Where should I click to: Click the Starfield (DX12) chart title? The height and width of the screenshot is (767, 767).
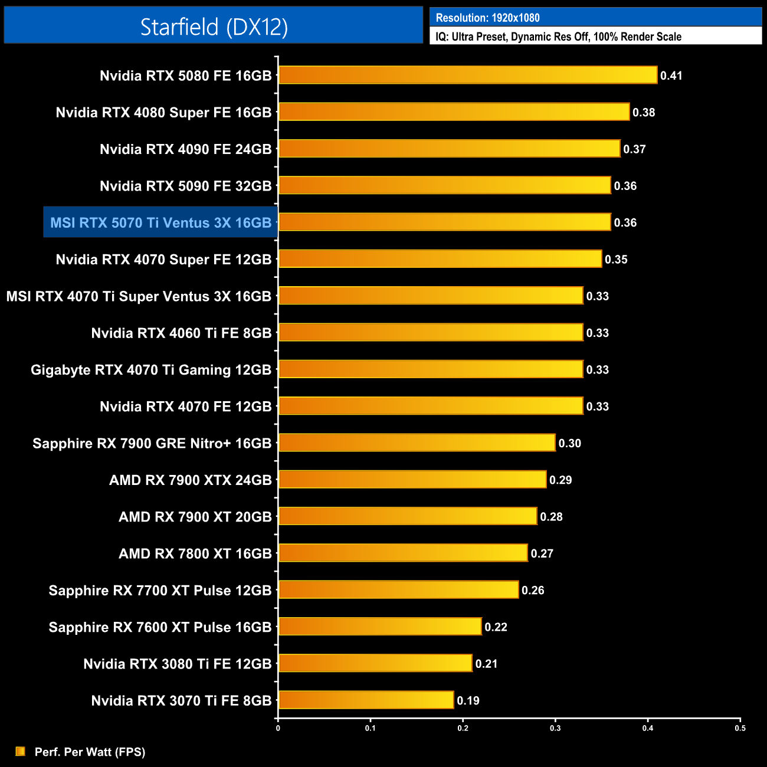click(x=214, y=27)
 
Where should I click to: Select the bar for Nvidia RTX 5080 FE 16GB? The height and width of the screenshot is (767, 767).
click(x=467, y=75)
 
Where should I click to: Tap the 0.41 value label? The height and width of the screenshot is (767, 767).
click(x=671, y=76)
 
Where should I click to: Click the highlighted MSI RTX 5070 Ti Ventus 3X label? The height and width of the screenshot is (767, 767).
click(x=160, y=222)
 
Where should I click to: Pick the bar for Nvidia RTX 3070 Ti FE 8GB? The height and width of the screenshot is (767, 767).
click(x=366, y=700)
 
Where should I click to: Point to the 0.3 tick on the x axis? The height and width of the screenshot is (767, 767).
click(x=555, y=728)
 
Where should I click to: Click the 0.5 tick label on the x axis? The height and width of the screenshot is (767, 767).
click(x=740, y=728)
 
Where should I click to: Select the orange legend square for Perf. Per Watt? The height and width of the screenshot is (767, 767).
click(x=21, y=751)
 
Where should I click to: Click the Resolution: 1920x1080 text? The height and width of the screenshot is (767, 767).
click(x=487, y=18)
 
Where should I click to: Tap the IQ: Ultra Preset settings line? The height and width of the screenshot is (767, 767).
click(x=558, y=37)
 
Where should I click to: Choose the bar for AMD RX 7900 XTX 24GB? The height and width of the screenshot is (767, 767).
click(x=412, y=480)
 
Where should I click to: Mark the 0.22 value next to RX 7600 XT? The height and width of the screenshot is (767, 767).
click(x=496, y=627)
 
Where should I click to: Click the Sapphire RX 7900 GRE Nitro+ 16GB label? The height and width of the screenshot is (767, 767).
click(x=152, y=443)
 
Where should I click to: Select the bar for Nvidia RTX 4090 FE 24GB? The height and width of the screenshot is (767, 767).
click(x=449, y=149)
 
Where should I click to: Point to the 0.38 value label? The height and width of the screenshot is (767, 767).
click(x=644, y=112)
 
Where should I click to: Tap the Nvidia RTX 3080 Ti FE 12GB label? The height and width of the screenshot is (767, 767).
click(x=178, y=664)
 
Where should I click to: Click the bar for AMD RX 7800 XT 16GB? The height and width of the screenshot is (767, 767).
click(x=403, y=553)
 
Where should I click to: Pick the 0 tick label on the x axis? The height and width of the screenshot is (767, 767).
click(x=278, y=728)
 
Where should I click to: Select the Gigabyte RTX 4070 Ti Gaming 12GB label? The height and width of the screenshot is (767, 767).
click(x=151, y=370)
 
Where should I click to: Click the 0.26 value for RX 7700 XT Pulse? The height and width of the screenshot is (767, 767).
click(x=533, y=590)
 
